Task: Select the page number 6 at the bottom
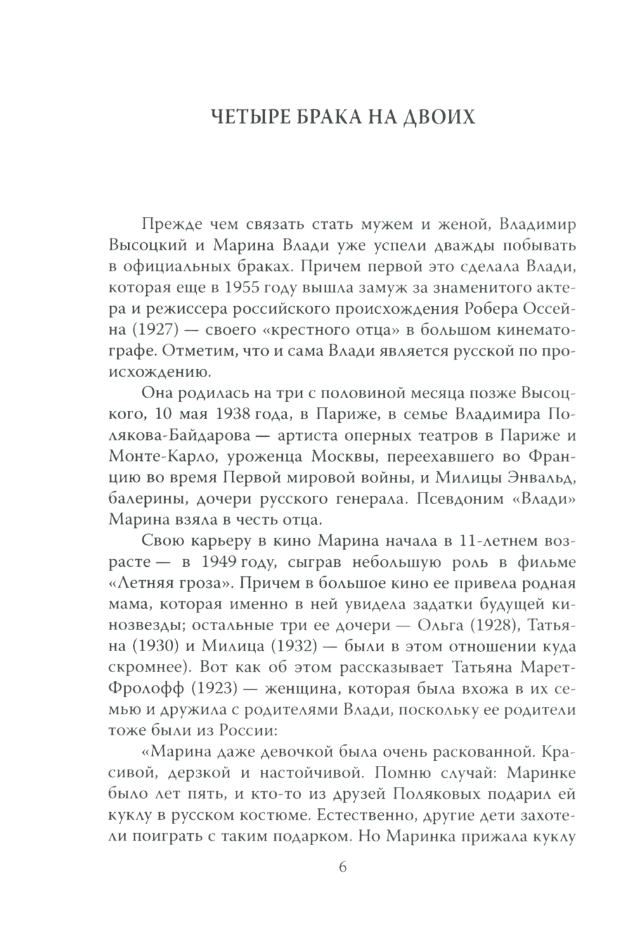(343, 867)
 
